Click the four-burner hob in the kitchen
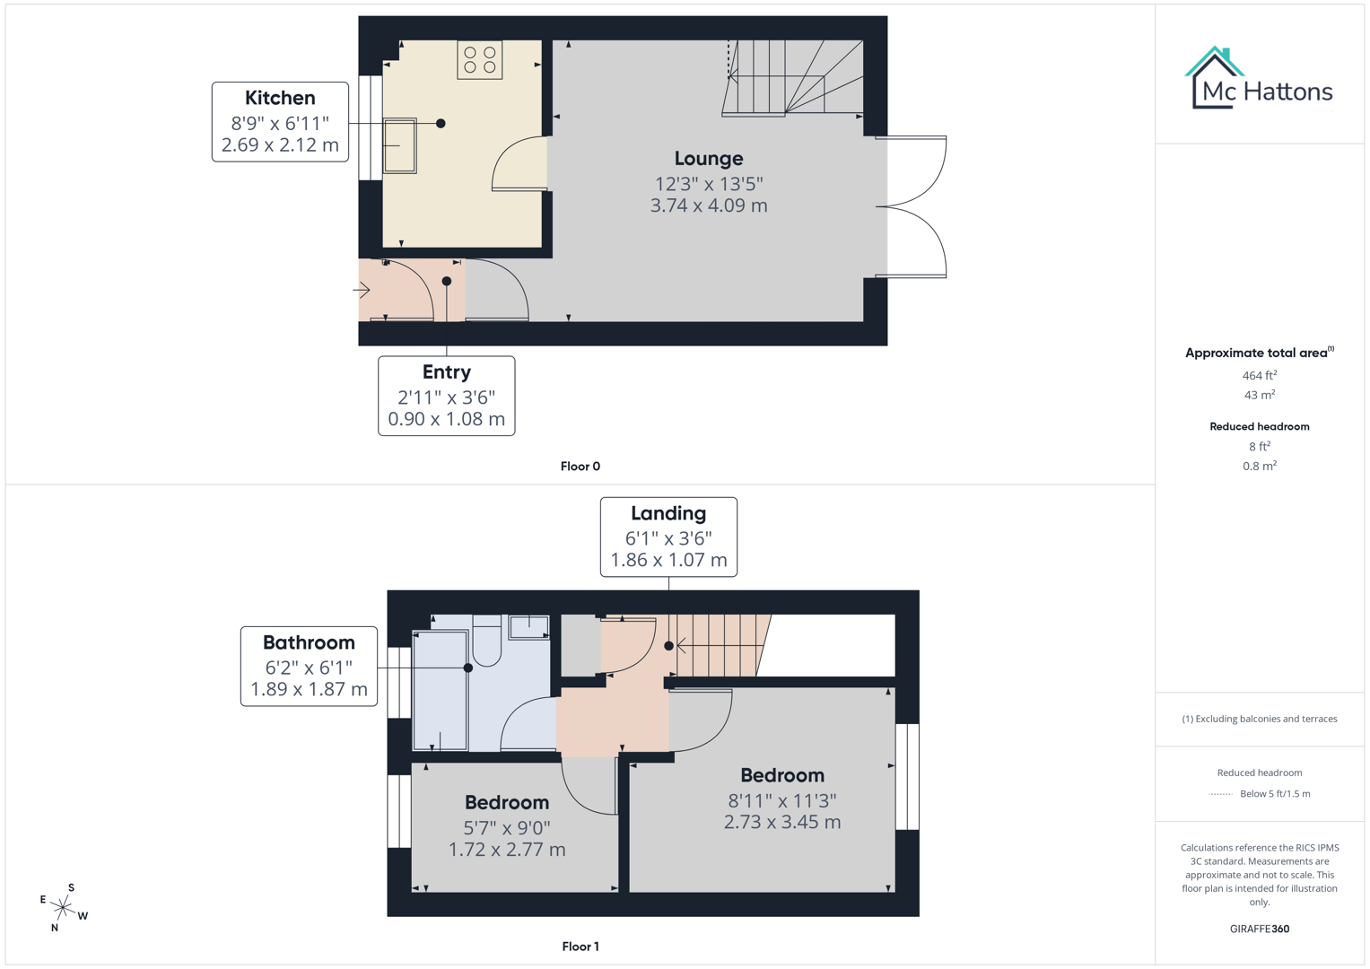click(479, 60)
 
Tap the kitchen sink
click(400, 145)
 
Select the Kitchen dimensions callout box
click(280, 122)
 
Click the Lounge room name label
click(708, 159)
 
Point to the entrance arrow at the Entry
click(362, 290)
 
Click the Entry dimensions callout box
click(446, 396)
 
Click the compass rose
click(63, 908)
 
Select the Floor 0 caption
click(580, 467)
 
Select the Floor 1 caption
click(580, 947)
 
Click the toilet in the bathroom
click(486, 641)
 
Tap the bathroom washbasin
click(528, 626)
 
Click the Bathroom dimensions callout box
click(309, 666)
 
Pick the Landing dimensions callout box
click(668, 537)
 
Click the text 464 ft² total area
click(1259, 376)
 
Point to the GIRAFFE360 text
click(1259, 929)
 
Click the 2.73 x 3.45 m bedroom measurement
click(781, 822)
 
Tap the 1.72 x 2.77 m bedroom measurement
click(507, 849)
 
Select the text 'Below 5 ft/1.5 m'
click(1274, 794)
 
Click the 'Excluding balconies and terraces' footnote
click(1259, 719)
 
